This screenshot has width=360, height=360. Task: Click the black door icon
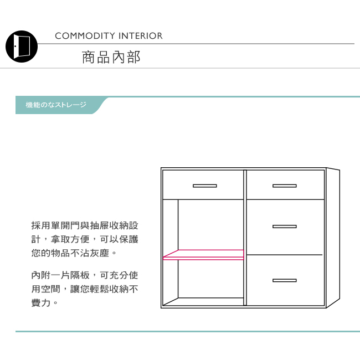point(22,46)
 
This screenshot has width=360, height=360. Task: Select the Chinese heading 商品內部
point(111,58)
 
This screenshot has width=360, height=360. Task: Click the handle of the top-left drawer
point(204,186)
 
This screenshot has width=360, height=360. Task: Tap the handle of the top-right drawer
point(284,186)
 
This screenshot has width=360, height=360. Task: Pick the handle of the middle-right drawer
point(284,227)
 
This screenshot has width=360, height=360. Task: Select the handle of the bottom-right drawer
point(284,280)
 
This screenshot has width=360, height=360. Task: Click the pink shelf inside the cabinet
point(204,255)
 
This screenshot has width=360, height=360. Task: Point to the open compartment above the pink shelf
point(210,224)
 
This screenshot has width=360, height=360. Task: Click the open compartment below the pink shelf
point(210,280)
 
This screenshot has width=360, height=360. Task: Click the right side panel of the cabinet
point(332,237)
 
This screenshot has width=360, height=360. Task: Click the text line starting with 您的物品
point(74,254)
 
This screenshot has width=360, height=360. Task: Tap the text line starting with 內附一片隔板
point(85,275)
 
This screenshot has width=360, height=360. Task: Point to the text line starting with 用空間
point(85,289)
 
